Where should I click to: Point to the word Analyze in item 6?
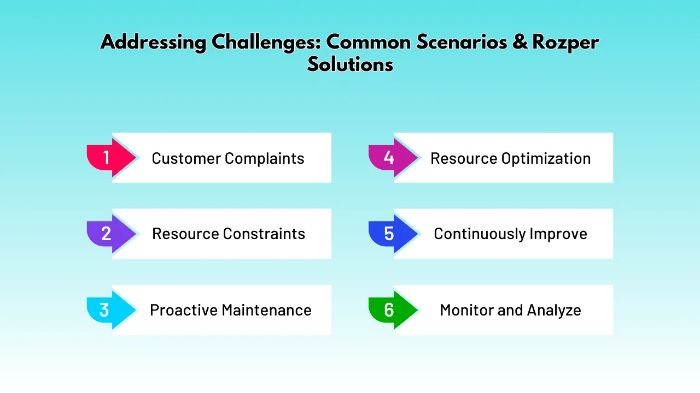(554, 311)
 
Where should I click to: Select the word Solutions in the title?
(350, 64)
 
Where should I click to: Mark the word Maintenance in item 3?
(266, 311)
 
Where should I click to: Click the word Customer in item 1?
(186, 159)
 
